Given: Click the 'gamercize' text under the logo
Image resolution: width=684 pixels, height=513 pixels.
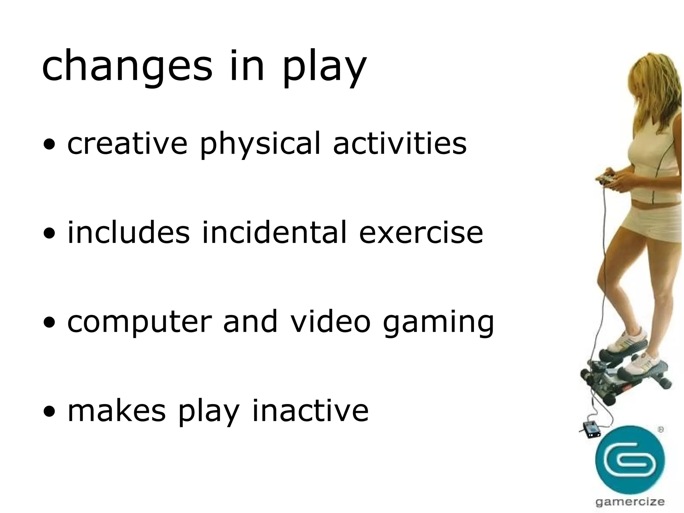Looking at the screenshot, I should [x=630, y=502].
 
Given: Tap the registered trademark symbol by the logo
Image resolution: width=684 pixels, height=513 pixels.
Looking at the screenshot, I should [x=660, y=430].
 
